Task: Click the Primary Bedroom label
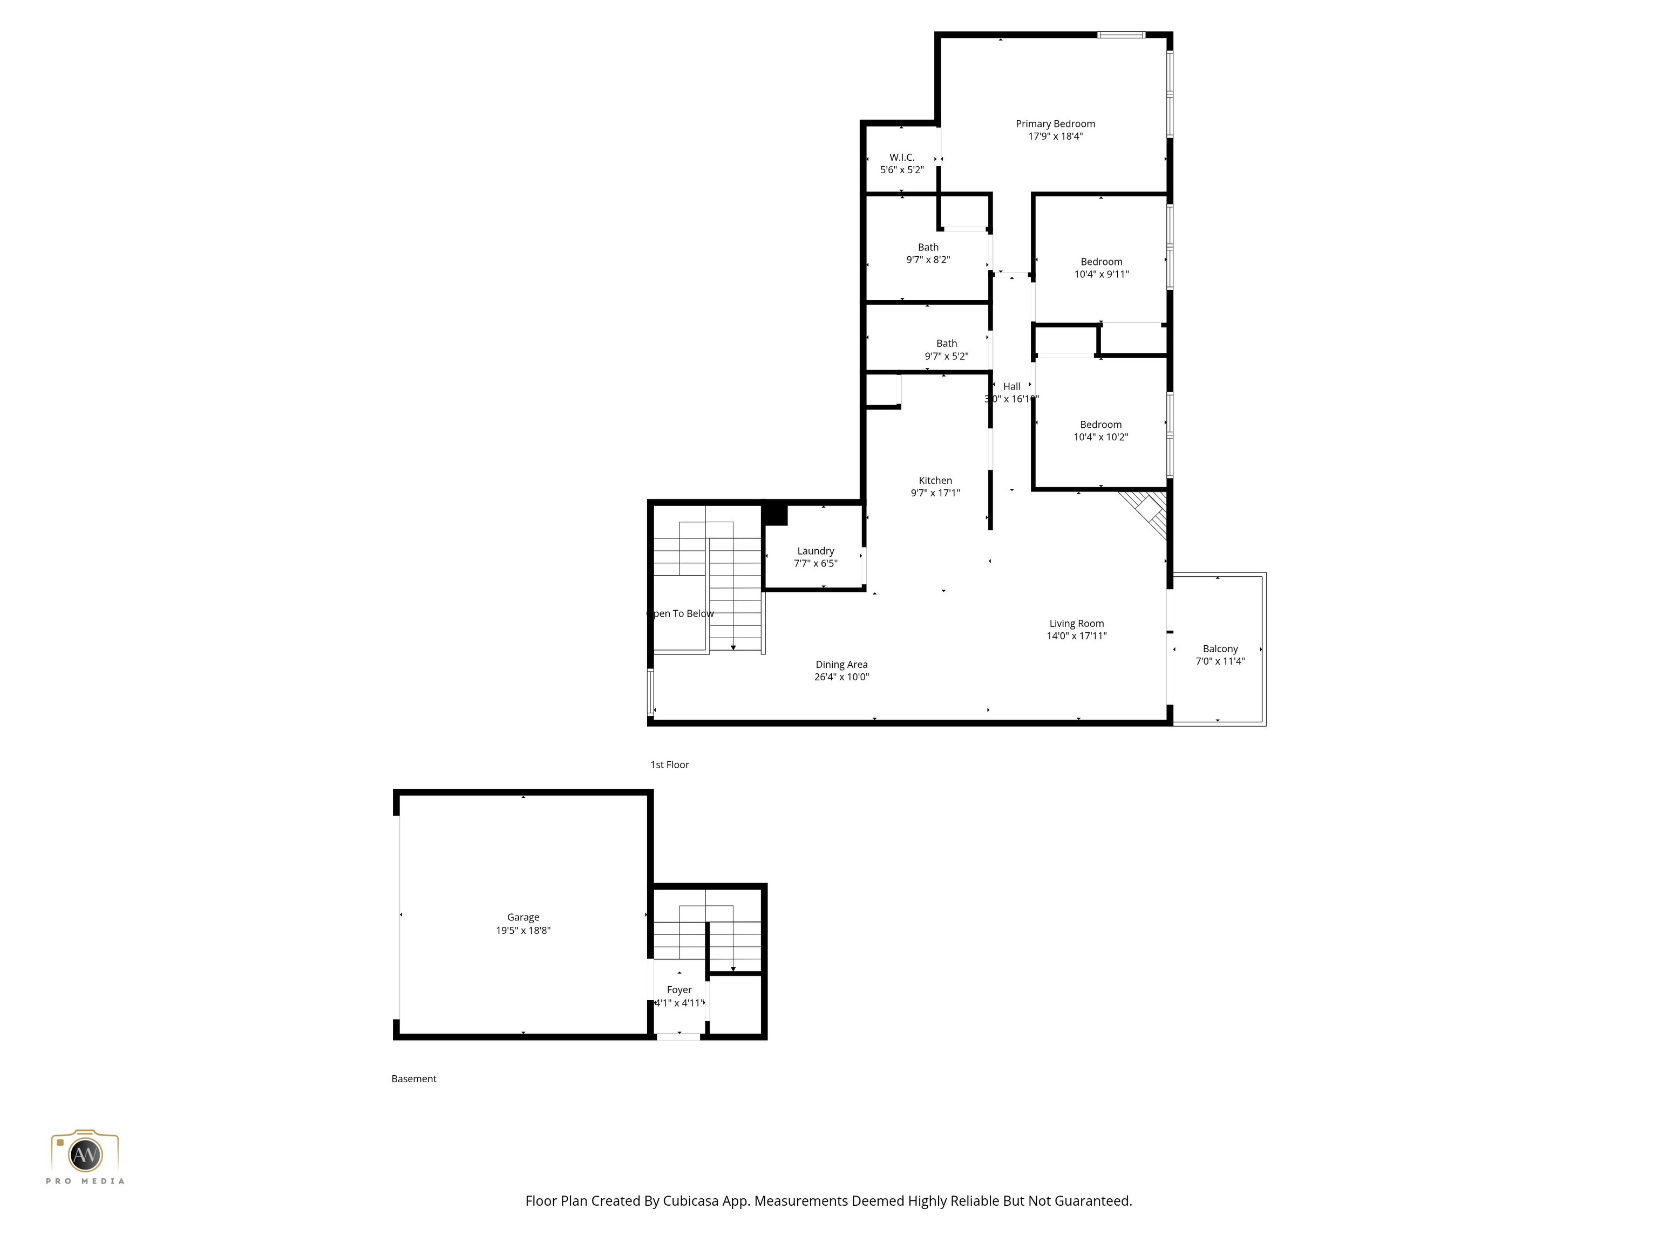pyautogui.click(x=1055, y=124)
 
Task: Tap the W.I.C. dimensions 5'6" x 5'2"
pyautogui.click(x=902, y=170)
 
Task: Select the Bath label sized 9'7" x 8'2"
pyautogui.click(x=928, y=247)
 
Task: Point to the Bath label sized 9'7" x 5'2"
pyautogui.click(x=946, y=344)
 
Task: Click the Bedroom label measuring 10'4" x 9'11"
pyautogui.click(x=1101, y=262)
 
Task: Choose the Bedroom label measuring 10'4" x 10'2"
pyautogui.click(x=1100, y=425)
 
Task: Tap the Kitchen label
pyautogui.click(x=935, y=480)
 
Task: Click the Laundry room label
pyautogui.click(x=816, y=551)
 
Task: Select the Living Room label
pyautogui.click(x=1076, y=623)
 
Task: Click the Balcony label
pyautogui.click(x=1220, y=649)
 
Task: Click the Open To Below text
pyautogui.click(x=681, y=613)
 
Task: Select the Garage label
pyautogui.click(x=522, y=917)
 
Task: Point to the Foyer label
pyautogui.click(x=679, y=990)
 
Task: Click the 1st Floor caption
pyautogui.click(x=669, y=765)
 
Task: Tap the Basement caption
pyautogui.click(x=414, y=1079)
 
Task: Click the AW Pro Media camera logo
pyautogui.click(x=85, y=1154)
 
